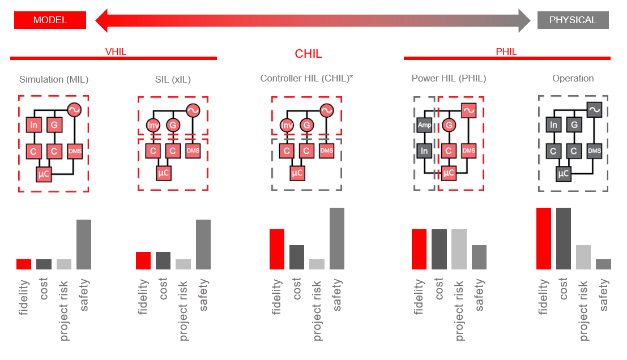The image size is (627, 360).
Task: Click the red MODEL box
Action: pyautogui.click(x=50, y=20)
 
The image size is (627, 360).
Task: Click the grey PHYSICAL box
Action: pyautogui.click(x=573, y=20)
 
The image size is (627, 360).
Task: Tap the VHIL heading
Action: pyautogui.click(x=116, y=52)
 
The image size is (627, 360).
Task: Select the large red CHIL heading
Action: pyautogui.click(x=308, y=54)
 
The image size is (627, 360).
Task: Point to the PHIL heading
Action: pyautogui.click(x=506, y=52)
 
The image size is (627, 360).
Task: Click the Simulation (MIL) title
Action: pyautogui.click(x=54, y=79)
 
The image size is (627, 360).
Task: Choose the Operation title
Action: pyautogui.click(x=573, y=79)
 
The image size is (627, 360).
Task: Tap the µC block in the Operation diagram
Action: pyautogui.click(x=563, y=174)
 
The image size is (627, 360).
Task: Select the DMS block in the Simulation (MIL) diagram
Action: pyautogui.click(x=75, y=151)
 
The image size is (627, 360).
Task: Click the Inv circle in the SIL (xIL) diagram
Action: pyautogui.click(x=153, y=125)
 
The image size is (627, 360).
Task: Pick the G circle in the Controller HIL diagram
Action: pyautogui.click(x=306, y=125)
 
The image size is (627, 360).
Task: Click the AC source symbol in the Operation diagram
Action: pyautogui.click(x=594, y=110)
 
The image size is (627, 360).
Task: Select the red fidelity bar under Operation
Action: pyautogui.click(x=543, y=238)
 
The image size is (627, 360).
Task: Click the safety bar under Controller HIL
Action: pyautogui.click(x=336, y=238)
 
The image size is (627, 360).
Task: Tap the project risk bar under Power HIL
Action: pyautogui.click(x=459, y=249)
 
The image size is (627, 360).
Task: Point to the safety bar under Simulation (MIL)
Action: pyautogui.click(x=84, y=244)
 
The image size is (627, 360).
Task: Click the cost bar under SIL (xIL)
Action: pyautogui.click(x=163, y=260)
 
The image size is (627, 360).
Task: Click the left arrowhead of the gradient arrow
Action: pyautogui.click(x=102, y=20)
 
